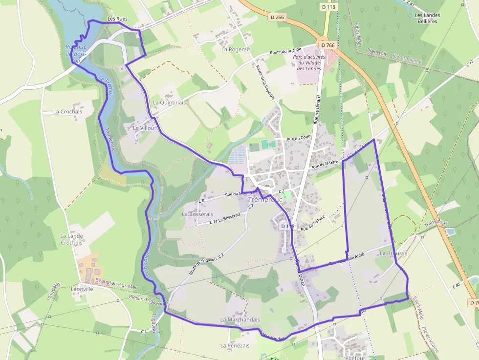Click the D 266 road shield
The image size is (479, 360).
277,18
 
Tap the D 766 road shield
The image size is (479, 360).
328,45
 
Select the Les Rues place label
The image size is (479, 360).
117,19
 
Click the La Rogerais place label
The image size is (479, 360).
236,49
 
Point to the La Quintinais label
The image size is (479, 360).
169,103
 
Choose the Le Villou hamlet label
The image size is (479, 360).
144,128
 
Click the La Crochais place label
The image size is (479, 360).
67,111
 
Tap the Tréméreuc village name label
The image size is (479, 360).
265,199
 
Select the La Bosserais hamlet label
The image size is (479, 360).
197,214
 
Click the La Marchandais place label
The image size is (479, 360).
240,319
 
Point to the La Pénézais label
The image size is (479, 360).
235,345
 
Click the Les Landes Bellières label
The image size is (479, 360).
427,19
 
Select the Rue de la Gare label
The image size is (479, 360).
325,164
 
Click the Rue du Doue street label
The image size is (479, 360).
299,138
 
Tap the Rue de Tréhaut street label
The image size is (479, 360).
313,227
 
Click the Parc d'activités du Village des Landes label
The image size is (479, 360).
309,63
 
